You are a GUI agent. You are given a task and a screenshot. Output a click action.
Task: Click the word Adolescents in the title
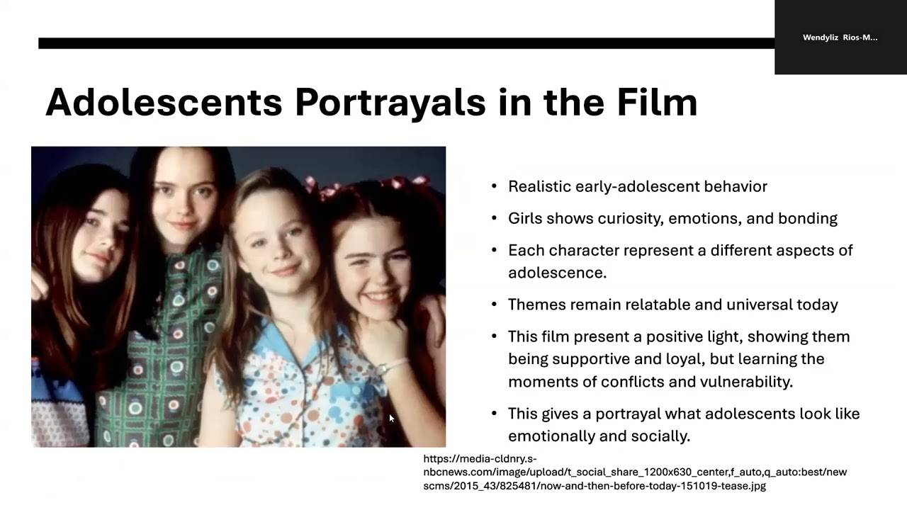pyautogui.click(x=164, y=102)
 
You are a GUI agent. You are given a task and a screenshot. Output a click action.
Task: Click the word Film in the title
pyautogui.click(x=657, y=102)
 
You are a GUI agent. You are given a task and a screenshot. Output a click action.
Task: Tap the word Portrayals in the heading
pyautogui.click(x=390, y=102)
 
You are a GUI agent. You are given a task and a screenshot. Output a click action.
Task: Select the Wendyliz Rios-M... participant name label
pyautogui.click(x=840, y=38)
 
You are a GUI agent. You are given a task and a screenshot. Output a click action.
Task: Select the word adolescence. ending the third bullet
pyautogui.click(x=557, y=273)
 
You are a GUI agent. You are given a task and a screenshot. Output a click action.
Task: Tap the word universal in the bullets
pyautogui.click(x=733, y=305)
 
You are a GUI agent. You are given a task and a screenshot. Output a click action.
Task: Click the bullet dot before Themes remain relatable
pyautogui.click(x=494, y=305)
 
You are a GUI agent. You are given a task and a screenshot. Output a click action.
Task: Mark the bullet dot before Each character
pyautogui.click(x=494, y=250)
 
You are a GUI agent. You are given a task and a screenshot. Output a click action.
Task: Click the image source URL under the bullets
pyautogui.click(x=634, y=472)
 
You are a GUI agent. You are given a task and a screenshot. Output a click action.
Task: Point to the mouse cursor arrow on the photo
pyautogui.click(x=391, y=419)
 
